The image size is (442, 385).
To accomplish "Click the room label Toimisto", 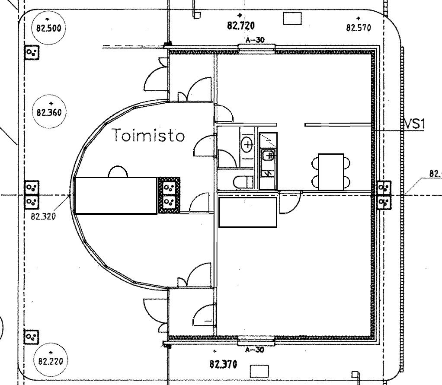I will click(149, 136).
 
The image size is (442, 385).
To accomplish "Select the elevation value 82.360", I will click(49, 112).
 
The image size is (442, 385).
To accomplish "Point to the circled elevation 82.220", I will click(50, 361).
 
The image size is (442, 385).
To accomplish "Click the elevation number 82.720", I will click(241, 25).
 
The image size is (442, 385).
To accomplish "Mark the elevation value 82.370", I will click(223, 364).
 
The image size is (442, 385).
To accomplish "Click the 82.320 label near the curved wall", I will click(43, 216).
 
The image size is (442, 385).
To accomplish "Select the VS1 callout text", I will click(415, 124).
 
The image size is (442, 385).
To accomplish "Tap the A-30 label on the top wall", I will click(255, 40).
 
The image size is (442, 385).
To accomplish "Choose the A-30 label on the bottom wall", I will click(255, 350).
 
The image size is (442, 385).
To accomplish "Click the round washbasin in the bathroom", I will click(247, 145).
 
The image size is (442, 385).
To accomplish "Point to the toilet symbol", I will click(242, 181).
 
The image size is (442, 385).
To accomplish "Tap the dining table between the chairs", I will click(331, 172).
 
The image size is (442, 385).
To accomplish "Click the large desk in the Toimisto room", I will click(115, 195).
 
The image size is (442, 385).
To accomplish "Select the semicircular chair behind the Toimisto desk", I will click(118, 172).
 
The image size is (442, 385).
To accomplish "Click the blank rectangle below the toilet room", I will click(247, 212).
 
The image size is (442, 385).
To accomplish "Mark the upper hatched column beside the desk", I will click(169, 187).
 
